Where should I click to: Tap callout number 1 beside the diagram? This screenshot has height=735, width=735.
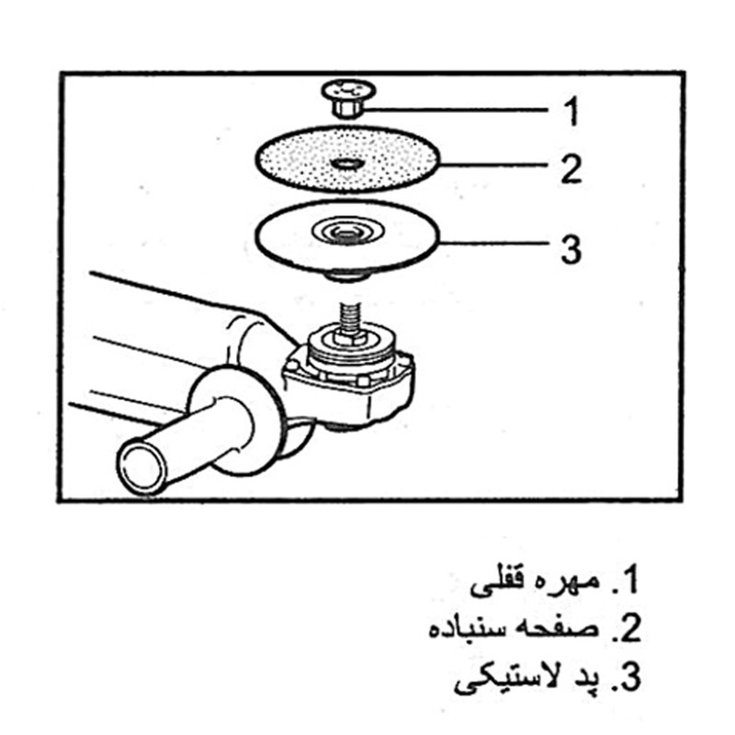[x=571, y=112]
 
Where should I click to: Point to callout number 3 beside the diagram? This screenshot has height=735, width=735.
[x=571, y=248]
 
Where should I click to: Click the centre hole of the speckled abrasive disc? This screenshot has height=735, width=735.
[x=346, y=164]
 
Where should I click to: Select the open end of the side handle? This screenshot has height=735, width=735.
[x=141, y=465]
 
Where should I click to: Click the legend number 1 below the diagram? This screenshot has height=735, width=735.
[x=628, y=582]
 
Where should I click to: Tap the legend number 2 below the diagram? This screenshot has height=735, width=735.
[x=628, y=629]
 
